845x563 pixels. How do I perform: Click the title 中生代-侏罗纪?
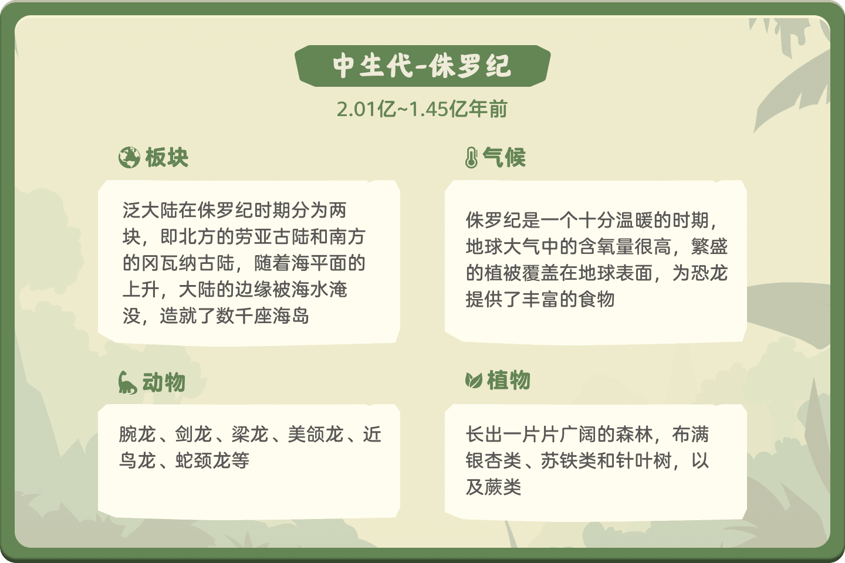click(x=422, y=66)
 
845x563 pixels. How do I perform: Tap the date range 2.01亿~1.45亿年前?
click(x=422, y=109)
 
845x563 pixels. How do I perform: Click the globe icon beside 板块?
click(x=129, y=157)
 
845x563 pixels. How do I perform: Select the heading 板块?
click(x=167, y=157)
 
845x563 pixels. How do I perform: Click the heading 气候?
click(x=504, y=157)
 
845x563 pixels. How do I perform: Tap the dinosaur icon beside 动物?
click(x=127, y=382)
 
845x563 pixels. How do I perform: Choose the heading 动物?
click(x=164, y=382)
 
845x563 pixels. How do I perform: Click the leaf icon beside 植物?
click(x=474, y=381)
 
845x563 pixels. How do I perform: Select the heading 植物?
click(x=509, y=380)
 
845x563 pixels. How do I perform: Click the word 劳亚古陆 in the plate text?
click(x=272, y=237)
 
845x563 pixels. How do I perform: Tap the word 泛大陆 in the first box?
click(x=150, y=211)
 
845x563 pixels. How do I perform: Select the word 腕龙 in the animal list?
click(x=137, y=435)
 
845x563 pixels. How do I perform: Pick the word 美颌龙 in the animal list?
click(x=316, y=435)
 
